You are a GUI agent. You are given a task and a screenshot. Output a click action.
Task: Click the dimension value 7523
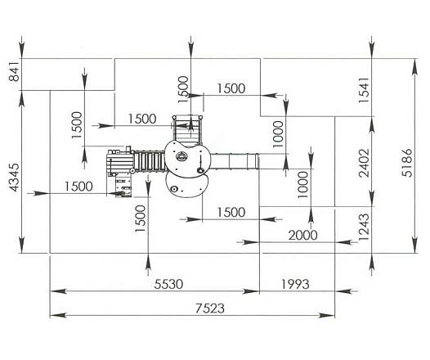click(x=210, y=308)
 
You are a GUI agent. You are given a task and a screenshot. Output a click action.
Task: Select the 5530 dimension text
click(x=168, y=284)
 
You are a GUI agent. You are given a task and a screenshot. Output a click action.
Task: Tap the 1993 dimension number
click(x=295, y=284)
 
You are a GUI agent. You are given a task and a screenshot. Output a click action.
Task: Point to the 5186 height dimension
click(x=406, y=163)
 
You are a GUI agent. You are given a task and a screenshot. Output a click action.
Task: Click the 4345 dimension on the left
click(x=14, y=178)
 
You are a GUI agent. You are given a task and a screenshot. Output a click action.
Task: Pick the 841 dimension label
click(x=14, y=72)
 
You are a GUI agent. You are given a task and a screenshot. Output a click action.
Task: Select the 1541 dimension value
click(x=364, y=90)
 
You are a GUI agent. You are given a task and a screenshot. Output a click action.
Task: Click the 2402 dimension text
click(x=364, y=163)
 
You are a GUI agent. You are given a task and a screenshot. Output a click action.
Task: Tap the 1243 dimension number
click(x=364, y=227)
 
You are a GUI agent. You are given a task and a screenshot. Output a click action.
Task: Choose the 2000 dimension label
click(x=302, y=235)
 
